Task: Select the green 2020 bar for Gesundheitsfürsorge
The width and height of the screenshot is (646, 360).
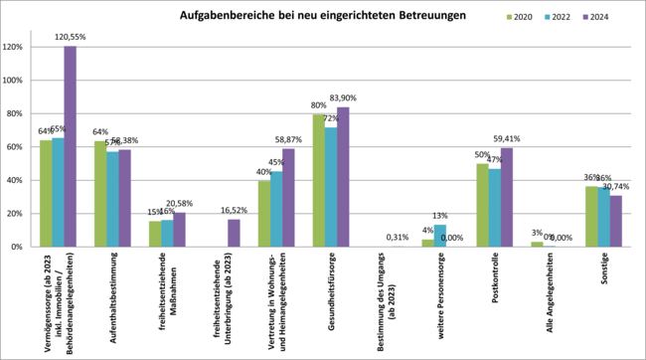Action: click(x=319, y=180)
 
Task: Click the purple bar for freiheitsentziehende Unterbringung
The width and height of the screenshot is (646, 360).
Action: click(x=234, y=233)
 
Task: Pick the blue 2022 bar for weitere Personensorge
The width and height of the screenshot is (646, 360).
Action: click(x=440, y=236)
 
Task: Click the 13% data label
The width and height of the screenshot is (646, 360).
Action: click(x=440, y=216)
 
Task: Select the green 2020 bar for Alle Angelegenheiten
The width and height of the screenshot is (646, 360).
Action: click(x=537, y=244)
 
